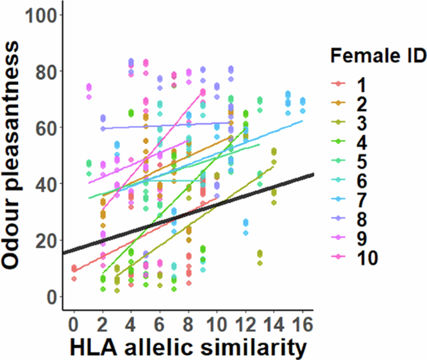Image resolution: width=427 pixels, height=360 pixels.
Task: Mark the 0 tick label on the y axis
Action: (50, 297)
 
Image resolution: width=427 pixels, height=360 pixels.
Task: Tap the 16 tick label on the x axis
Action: (302, 324)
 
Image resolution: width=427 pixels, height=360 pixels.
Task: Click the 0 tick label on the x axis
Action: (74, 324)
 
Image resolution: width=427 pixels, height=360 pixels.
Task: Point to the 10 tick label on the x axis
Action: (216, 324)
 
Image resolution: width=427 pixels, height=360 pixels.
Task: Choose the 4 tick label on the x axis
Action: (131, 324)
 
